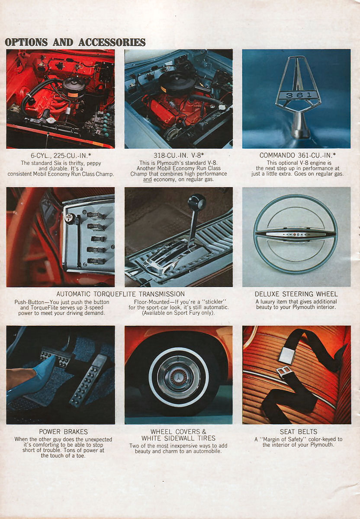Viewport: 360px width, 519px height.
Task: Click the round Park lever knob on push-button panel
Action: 69,218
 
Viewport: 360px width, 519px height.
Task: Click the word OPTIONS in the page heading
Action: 26,42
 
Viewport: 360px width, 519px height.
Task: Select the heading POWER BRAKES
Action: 63,432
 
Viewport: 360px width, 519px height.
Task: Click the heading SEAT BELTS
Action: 298,432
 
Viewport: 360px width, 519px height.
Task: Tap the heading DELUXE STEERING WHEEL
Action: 296,294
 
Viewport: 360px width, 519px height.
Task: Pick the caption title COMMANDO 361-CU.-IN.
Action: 297,155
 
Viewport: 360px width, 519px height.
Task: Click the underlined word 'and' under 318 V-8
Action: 148,179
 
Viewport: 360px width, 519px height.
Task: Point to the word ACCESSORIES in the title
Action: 112,42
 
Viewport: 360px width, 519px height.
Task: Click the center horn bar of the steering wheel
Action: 296,234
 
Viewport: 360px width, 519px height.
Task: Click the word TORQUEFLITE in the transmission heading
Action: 115,294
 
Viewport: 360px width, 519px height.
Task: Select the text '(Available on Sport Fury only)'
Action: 178,313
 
